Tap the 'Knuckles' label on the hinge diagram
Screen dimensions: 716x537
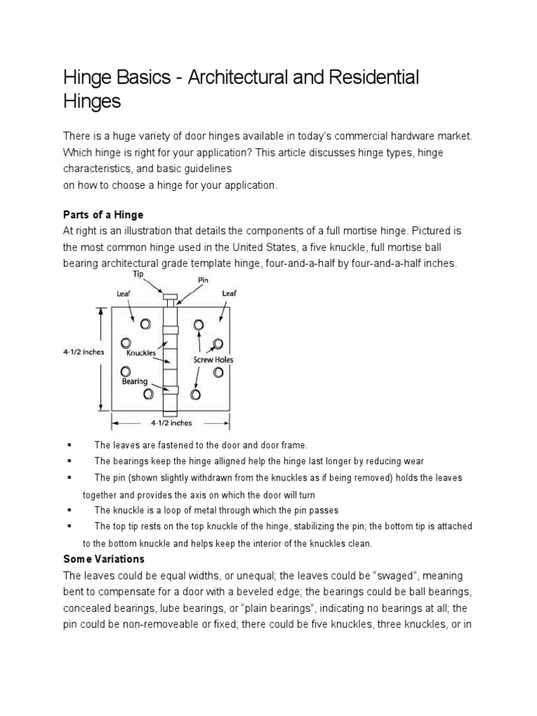(x=142, y=353)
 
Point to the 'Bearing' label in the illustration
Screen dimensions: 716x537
(x=135, y=381)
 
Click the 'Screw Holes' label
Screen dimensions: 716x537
(x=213, y=359)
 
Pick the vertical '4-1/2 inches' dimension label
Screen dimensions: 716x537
(x=83, y=352)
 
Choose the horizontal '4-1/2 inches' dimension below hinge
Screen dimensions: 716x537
(x=171, y=422)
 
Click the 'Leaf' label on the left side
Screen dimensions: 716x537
(x=123, y=294)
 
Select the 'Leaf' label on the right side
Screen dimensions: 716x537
(x=229, y=294)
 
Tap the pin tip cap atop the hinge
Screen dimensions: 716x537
(x=170, y=297)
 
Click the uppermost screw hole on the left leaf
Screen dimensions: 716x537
(x=145, y=324)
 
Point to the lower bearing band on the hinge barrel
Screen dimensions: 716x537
(x=171, y=390)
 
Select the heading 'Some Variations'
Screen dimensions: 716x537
(x=103, y=559)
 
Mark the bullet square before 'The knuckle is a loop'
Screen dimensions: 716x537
(x=70, y=510)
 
